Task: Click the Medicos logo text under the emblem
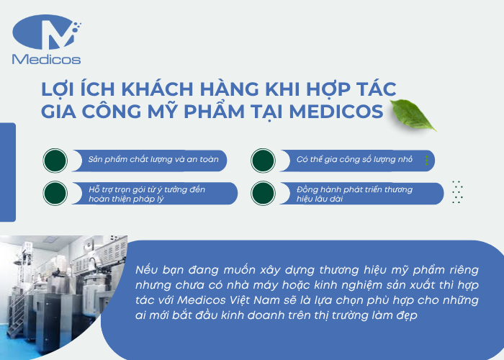[47, 60]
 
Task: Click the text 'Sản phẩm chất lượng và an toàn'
[148, 158]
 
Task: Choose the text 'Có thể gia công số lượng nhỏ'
[354, 158]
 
